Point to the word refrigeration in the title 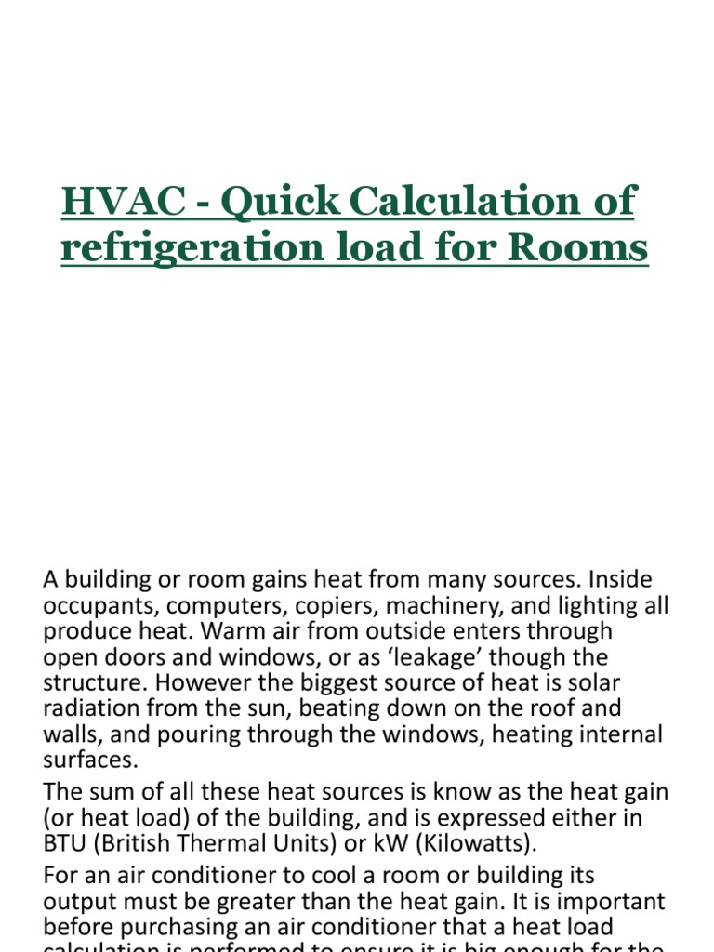[x=183, y=248]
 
